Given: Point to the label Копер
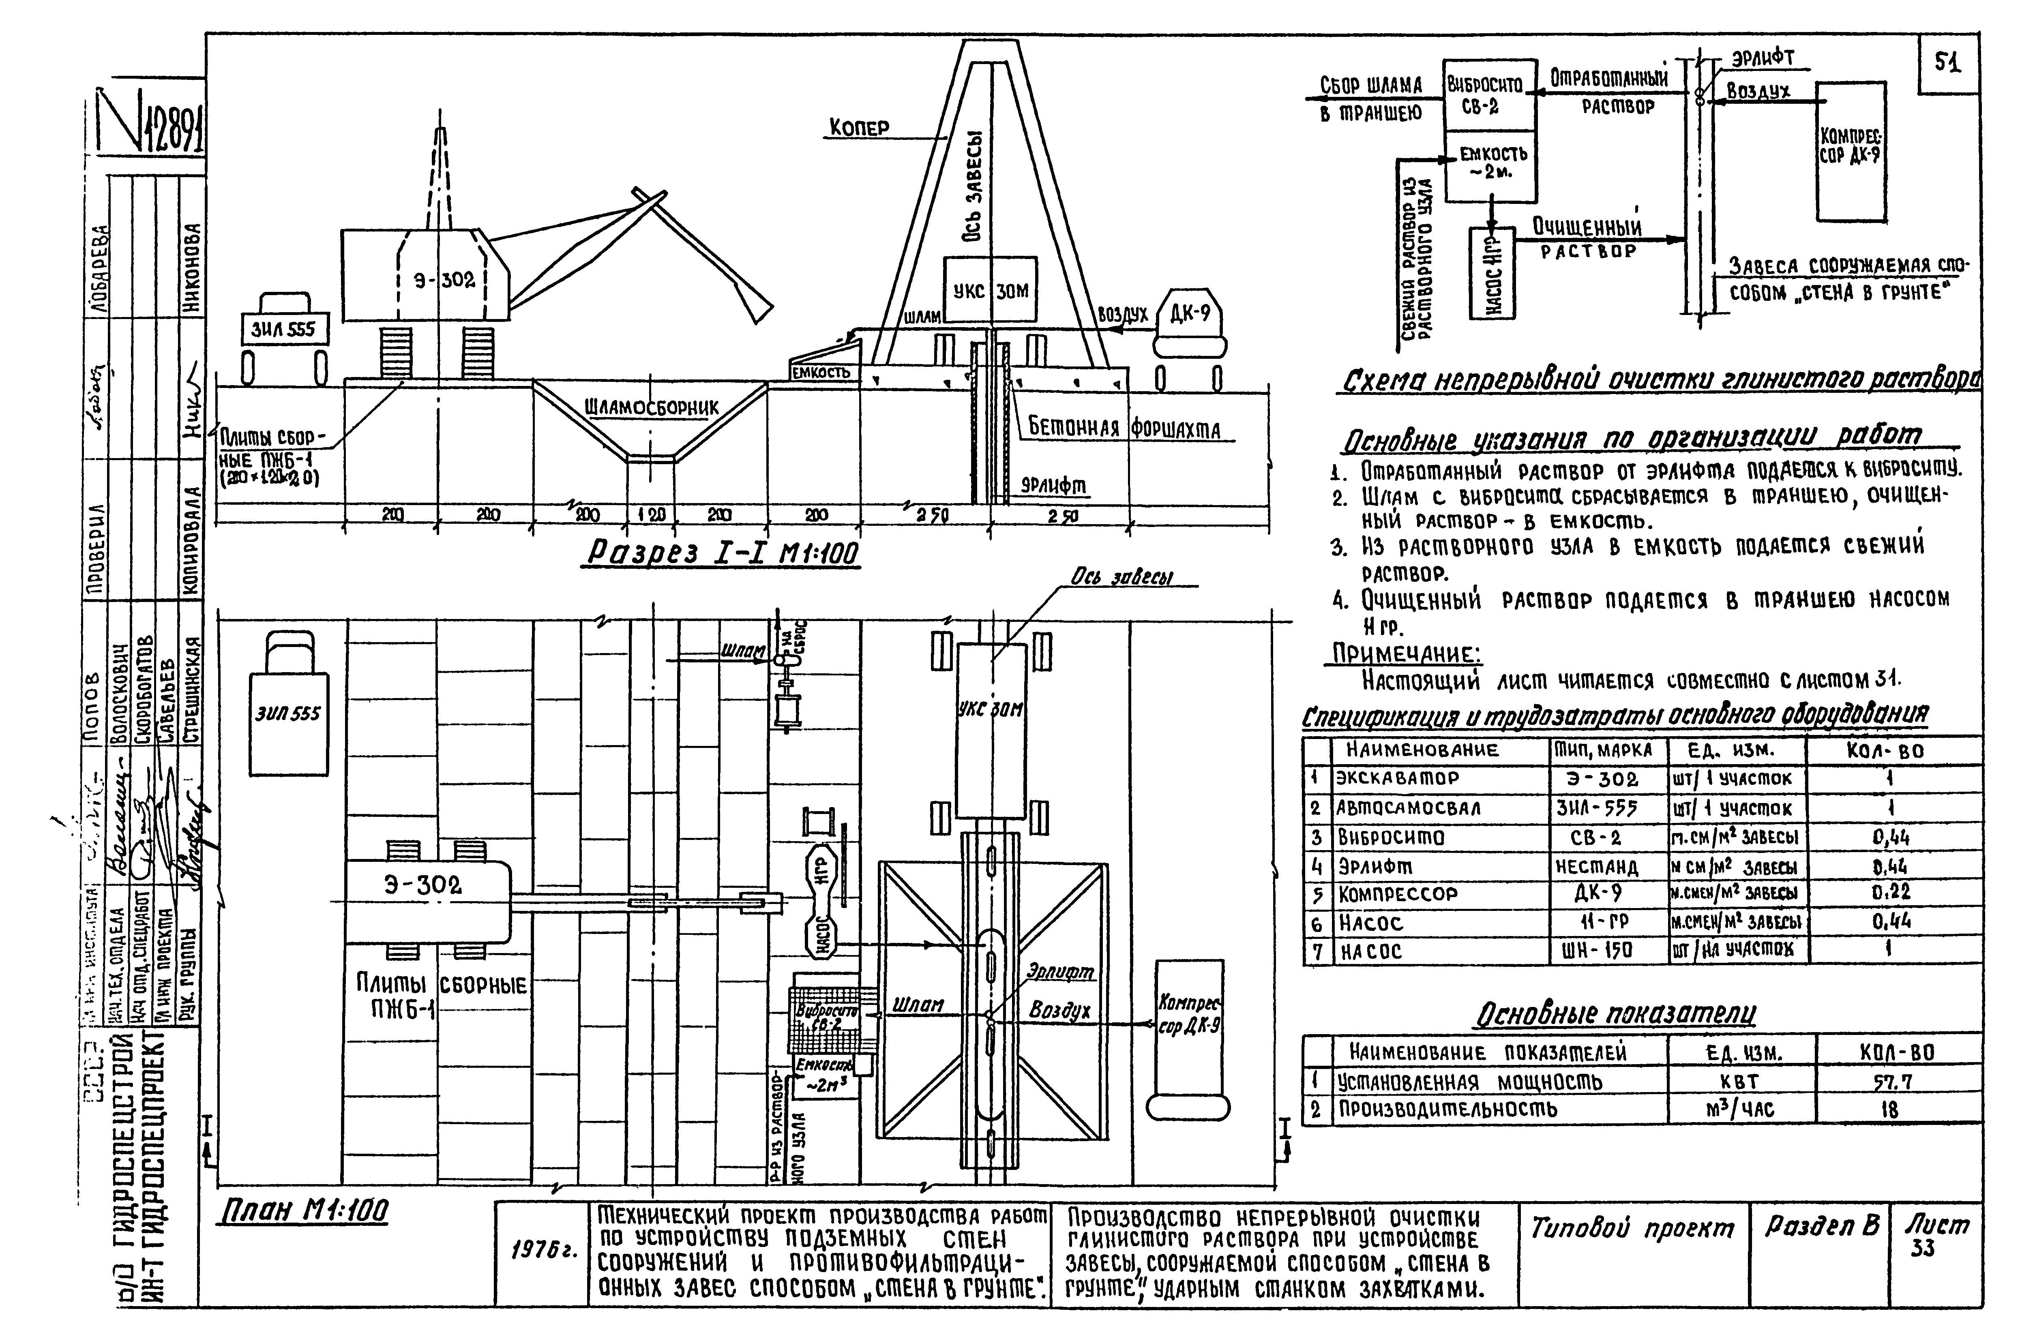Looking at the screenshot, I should tap(859, 128).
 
